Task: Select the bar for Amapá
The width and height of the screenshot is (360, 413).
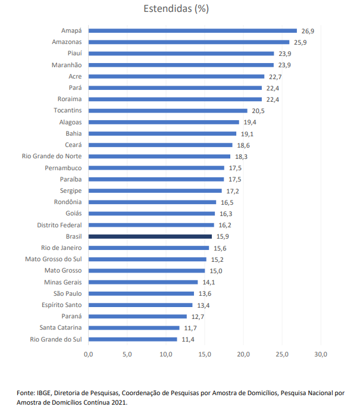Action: click(x=192, y=30)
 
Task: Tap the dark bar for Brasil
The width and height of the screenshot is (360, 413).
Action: click(x=150, y=236)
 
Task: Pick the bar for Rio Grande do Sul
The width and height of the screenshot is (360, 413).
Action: click(x=133, y=339)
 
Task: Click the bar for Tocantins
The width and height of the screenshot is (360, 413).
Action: click(x=168, y=111)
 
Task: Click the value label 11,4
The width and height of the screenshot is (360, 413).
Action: click(x=187, y=339)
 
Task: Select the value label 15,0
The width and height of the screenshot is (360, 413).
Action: click(x=215, y=271)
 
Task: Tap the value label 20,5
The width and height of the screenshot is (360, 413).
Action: click(x=258, y=111)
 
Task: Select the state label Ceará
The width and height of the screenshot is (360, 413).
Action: click(x=74, y=145)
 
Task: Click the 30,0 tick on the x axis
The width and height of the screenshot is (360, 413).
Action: click(x=321, y=355)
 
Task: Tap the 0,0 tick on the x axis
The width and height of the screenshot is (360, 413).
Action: click(x=89, y=355)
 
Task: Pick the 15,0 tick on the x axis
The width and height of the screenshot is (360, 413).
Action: click(x=205, y=355)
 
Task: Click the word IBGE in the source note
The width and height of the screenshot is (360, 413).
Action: click(x=43, y=393)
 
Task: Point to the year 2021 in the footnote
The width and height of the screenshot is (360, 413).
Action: click(x=119, y=403)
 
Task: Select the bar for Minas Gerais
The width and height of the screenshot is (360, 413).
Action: click(x=143, y=282)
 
